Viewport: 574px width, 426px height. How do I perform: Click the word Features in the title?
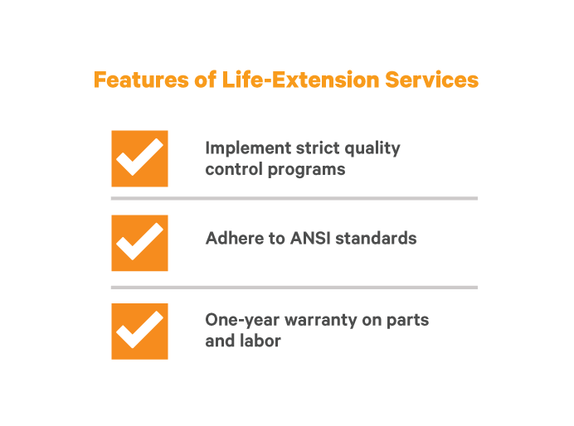coord(141,80)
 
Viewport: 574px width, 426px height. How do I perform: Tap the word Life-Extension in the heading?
coord(300,80)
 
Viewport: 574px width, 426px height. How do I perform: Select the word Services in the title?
coord(431,80)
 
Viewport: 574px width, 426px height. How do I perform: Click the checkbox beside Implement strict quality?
coord(140,158)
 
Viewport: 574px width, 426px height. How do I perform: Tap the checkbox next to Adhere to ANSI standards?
coord(140,243)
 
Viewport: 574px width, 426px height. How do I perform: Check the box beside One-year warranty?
coord(140,332)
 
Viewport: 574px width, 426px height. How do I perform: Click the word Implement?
coord(248,149)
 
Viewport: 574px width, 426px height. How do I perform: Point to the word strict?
coord(318,148)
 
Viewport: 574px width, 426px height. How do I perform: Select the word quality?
coord(372,149)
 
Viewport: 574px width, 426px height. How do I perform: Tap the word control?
coord(234,169)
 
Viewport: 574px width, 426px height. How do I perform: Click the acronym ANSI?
coord(310,238)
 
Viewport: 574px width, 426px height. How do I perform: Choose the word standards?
coord(376,238)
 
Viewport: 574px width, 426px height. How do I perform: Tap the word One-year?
coord(242,321)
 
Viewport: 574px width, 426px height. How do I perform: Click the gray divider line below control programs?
coord(294,198)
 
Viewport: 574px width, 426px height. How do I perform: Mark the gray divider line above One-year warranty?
coord(294,288)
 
